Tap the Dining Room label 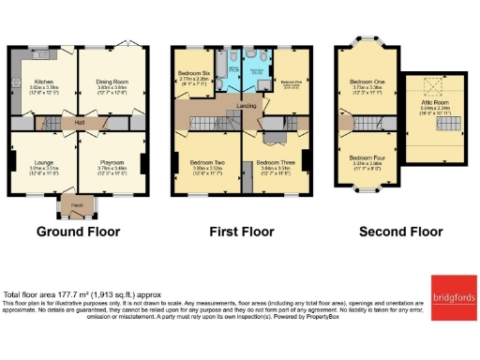[112, 82]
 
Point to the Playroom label [112, 160]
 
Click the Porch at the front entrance [76, 205]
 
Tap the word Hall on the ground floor [82, 122]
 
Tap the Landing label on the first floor [247, 106]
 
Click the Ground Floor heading [76, 231]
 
